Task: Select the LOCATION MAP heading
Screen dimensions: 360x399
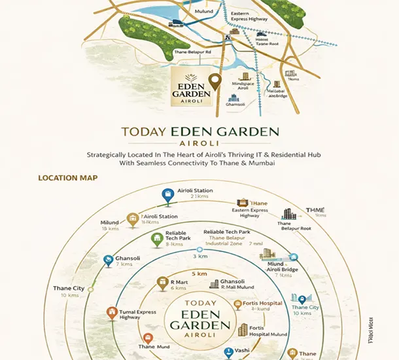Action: [68, 178]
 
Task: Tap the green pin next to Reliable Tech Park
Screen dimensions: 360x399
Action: [156, 239]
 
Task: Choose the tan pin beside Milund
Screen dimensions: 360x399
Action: [133, 219]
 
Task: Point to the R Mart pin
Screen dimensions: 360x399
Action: [162, 284]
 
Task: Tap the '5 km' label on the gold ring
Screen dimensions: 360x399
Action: [199, 274]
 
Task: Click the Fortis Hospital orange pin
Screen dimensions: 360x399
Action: [238, 305]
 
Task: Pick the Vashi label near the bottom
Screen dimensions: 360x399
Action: [243, 350]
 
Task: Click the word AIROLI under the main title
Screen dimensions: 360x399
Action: [199, 140]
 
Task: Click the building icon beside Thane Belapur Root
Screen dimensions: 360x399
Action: [288, 215]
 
